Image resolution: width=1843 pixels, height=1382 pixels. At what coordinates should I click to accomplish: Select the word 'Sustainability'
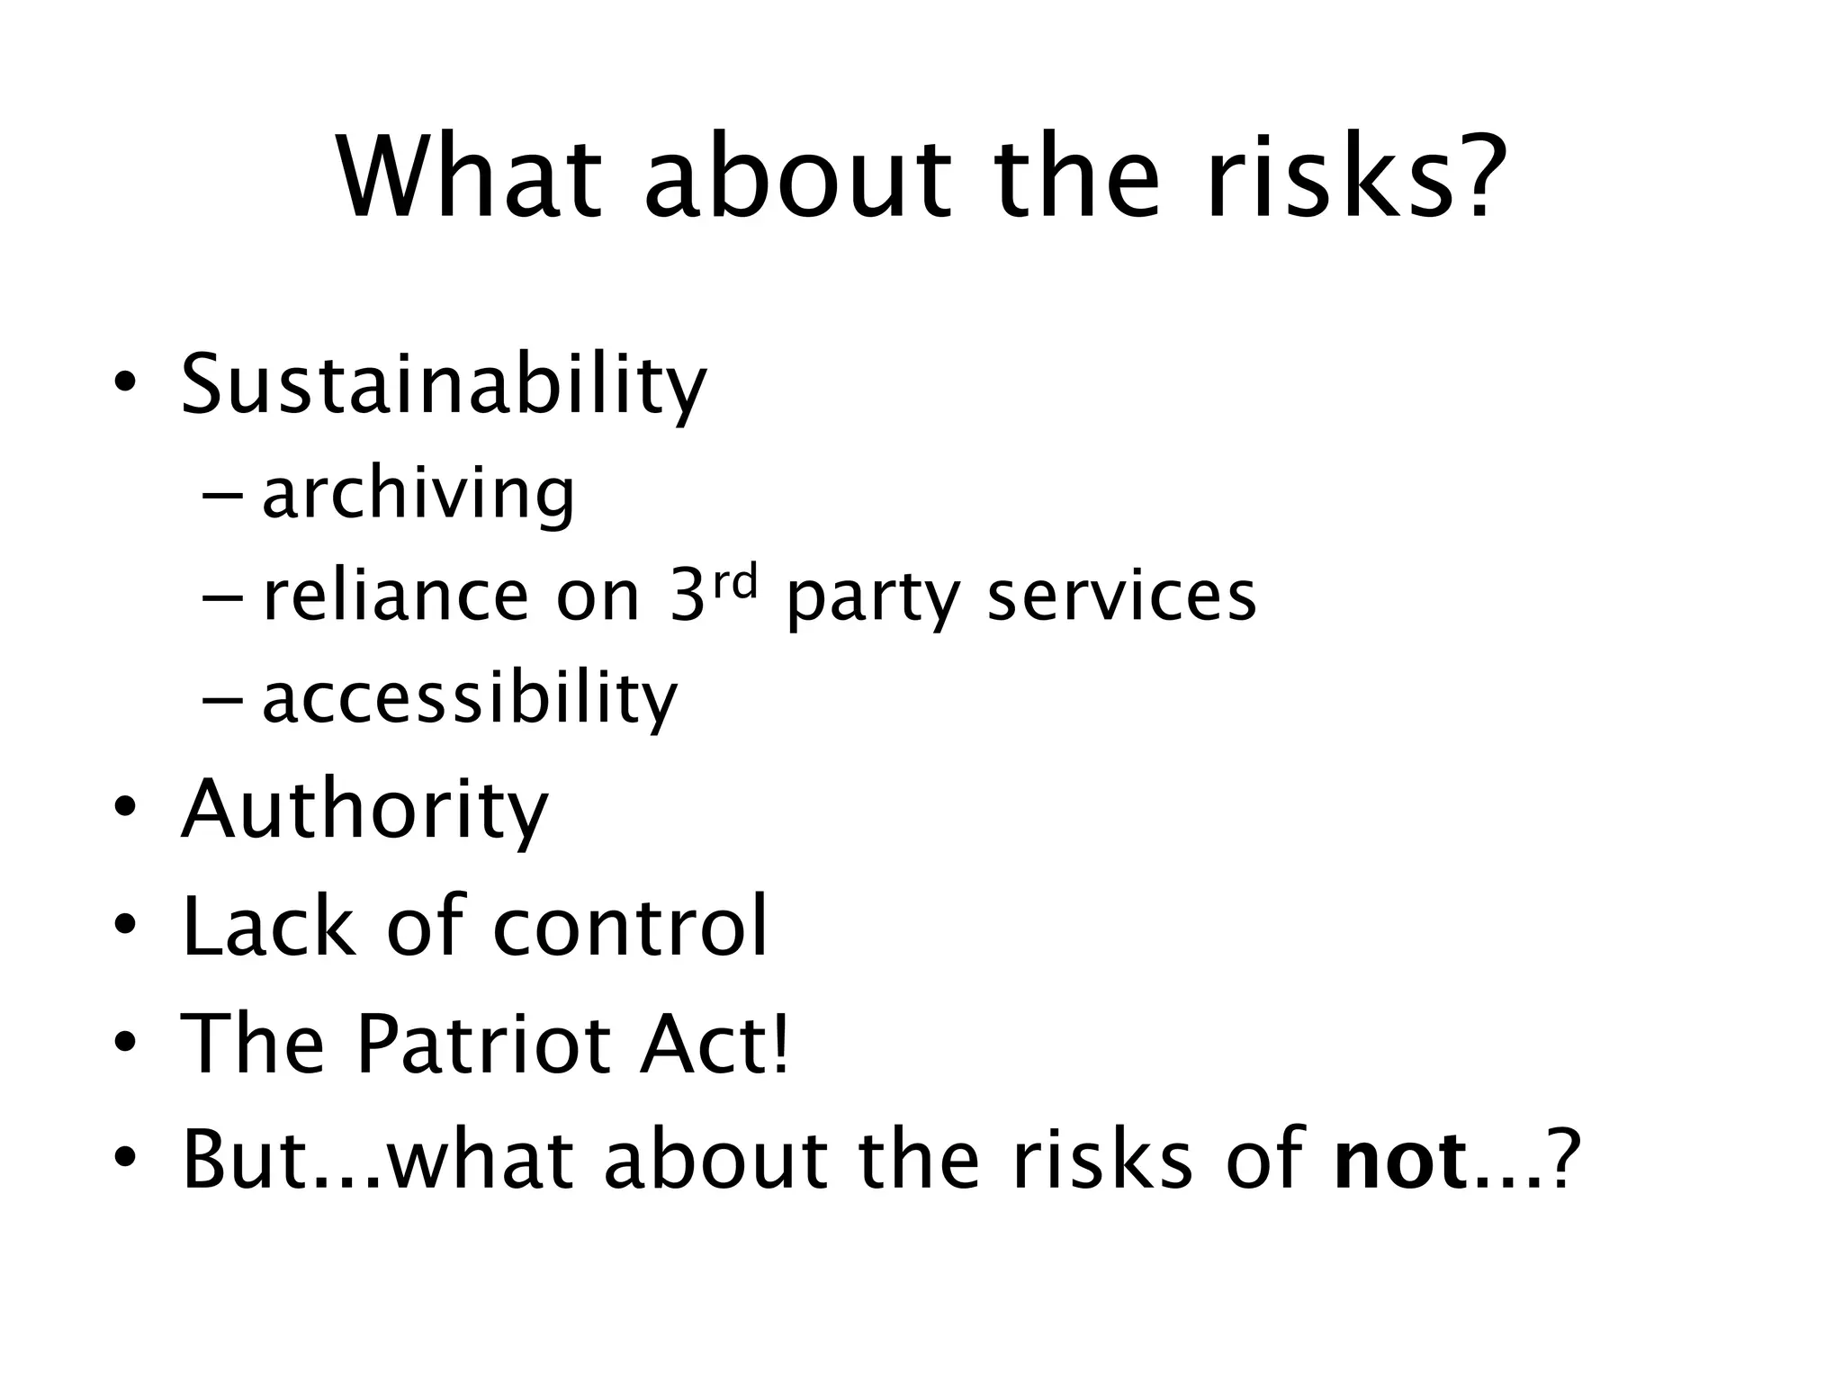click(x=444, y=385)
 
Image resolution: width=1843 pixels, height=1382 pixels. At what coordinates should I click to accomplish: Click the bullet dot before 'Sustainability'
click(x=125, y=385)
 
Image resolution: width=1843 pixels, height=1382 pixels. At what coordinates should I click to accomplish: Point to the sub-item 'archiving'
click(x=418, y=495)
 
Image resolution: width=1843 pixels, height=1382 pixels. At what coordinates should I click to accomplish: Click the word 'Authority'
click(x=364, y=810)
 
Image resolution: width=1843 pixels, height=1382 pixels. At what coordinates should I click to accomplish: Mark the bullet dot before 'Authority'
click(x=125, y=807)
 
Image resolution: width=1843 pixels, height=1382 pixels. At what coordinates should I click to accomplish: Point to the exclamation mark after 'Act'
click(x=779, y=1042)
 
